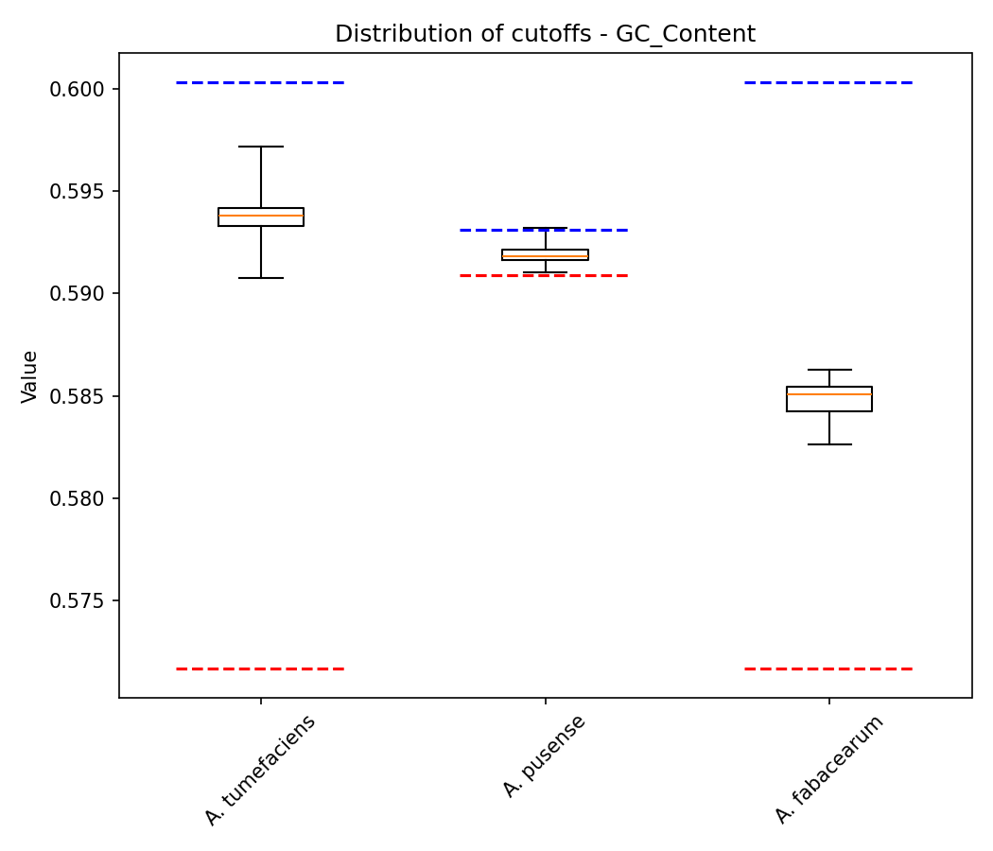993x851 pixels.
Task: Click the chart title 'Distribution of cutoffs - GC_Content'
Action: [545, 34]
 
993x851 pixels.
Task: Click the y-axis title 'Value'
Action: [30, 376]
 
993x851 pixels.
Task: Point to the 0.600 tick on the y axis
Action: [79, 90]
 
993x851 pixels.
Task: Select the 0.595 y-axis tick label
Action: [79, 192]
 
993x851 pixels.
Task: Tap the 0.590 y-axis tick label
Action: [79, 294]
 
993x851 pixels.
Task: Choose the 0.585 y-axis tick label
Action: [79, 396]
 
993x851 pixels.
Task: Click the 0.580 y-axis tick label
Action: [79, 498]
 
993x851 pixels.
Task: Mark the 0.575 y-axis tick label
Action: [79, 600]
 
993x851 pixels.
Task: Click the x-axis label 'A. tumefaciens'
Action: [260, 770]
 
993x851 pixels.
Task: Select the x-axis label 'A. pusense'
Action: [545, 755]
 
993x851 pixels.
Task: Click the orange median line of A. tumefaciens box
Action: [261, 216]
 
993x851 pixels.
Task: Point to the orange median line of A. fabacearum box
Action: [829, 394]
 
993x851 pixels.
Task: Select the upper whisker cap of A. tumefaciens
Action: [261, 147]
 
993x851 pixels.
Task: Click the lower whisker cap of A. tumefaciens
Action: [261, 278]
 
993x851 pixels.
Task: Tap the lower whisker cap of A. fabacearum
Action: [829, 444]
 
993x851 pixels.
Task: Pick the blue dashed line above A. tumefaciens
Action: [261, 82]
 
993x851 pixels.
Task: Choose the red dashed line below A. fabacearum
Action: [829, 669]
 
